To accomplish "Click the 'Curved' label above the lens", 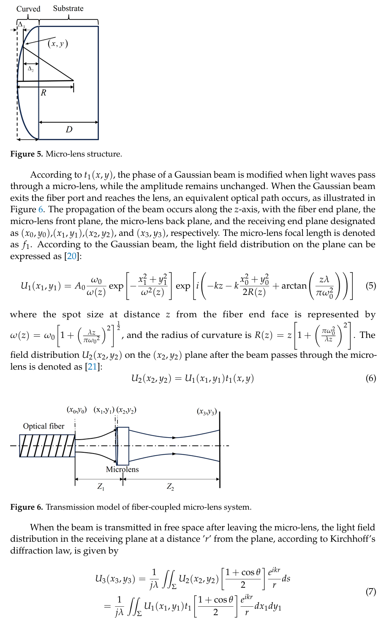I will (28, 9).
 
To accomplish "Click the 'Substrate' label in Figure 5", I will (68, 8).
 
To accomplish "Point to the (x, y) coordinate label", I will (58, 43).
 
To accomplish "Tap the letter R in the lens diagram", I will (44, 93).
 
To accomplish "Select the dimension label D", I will (69, 130).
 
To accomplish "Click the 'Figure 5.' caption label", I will (27, 154).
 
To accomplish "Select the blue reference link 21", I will (92, 367).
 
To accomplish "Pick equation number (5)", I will (370, 286).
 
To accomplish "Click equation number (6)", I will (370, 378).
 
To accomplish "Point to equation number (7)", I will (370, 592).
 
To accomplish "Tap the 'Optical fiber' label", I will (44, 426).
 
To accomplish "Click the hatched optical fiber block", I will (47, 446).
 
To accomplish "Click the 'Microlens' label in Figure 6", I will (122, 469).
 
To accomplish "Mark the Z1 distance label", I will (101, 487).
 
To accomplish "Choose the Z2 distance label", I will (170, 487).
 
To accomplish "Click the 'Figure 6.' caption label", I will (27, 507).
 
